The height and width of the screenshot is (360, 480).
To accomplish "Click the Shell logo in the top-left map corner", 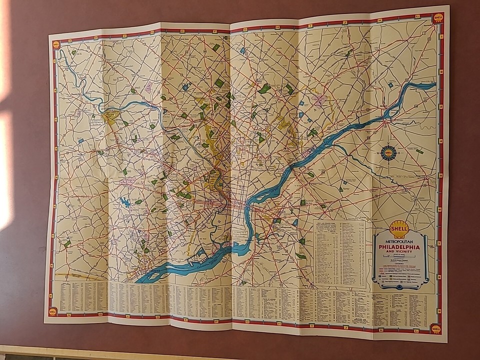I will click(x=56, y=44).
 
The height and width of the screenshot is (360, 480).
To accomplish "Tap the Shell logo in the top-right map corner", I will click(x=438, y=17).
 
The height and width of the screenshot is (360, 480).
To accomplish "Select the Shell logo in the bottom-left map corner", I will click(x=52, y=311).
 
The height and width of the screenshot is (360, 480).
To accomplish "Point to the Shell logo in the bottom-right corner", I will click(x=436, y=328).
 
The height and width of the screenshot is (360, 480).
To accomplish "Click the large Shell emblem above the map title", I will click(x=399, y=229).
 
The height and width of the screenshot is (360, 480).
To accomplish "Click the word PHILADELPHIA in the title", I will click(x=399, y=247).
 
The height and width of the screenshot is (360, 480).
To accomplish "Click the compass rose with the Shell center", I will click(x=388, y=152).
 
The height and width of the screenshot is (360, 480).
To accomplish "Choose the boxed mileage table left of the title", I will click(x=339, y=253).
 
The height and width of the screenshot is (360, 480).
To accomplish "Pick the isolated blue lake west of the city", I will click(x=125, y=202).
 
